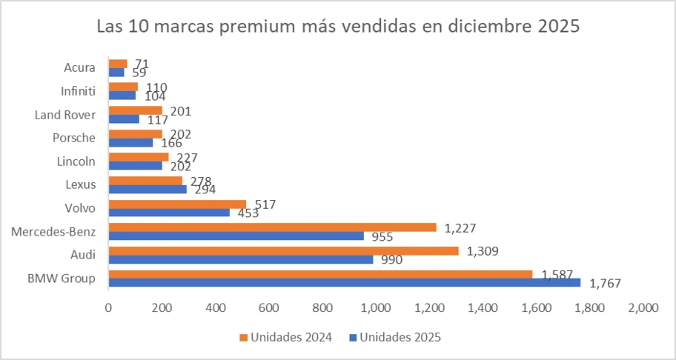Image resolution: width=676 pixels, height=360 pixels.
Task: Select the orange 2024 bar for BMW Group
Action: click(320, 274)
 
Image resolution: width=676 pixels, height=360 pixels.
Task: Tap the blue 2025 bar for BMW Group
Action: click(345, 282)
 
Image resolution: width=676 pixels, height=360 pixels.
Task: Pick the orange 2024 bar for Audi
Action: click(283, 251)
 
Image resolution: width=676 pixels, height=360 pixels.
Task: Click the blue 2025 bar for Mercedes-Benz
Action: click(236, 236)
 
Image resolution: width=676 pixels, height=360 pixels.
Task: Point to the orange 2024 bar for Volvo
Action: click(177, 204)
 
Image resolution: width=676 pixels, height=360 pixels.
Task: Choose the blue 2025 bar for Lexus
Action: click(148, 189)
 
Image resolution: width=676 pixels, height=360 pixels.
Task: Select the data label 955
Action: click(381, 237)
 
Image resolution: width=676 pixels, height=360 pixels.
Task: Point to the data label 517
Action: click(265, 204)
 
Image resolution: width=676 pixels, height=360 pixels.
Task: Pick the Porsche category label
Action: click(74, 137)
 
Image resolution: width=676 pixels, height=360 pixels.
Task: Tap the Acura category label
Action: click(80, 68)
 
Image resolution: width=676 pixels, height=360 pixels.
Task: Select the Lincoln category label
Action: click(76, 161)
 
